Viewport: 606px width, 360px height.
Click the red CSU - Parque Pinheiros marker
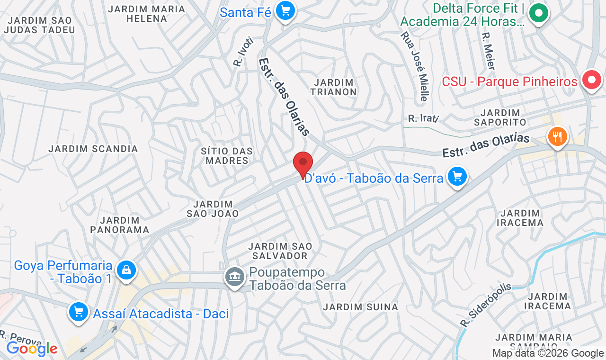coord(591,81)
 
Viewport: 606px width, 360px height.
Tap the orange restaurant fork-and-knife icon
coord(557,137)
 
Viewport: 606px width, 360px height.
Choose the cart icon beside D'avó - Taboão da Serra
coord(457,177)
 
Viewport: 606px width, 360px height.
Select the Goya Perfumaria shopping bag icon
coord(126,270)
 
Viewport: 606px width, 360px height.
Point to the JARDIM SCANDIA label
coord(93,149)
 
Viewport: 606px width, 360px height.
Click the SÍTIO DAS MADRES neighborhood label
coord(227,156)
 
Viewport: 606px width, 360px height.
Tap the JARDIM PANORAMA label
coord(120,225)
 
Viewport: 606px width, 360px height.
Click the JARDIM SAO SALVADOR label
coord(280,251)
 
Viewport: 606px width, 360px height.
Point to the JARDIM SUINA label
coord(361,307)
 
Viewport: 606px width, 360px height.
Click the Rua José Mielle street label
coord(414,66)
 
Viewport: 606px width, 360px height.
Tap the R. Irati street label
coord(423,118)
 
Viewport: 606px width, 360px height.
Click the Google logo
coord(32,349)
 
